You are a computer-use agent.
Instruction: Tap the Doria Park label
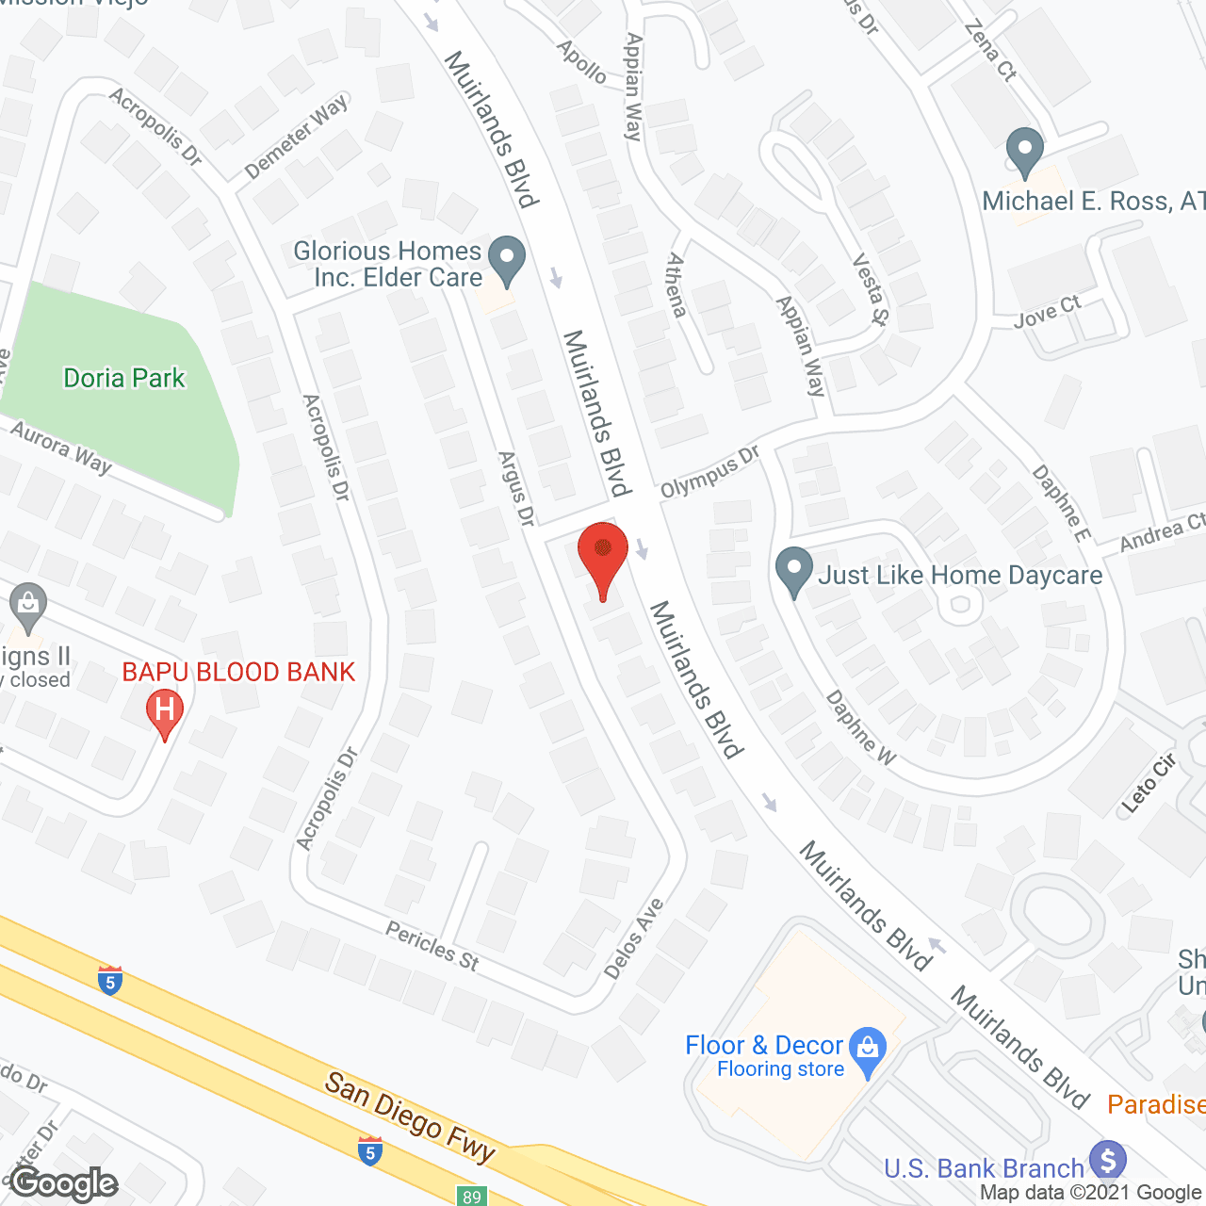(124, 379)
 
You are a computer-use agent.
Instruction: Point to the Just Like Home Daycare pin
(793, 570)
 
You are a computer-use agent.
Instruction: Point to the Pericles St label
(432, 945)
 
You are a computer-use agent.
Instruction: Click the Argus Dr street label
(516, 489)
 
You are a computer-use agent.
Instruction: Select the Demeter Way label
(296, 137)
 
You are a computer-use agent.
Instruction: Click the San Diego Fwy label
(410, 1117)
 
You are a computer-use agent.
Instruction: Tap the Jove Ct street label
(1047, 312)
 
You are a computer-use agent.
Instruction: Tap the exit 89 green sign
(472, 1197)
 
